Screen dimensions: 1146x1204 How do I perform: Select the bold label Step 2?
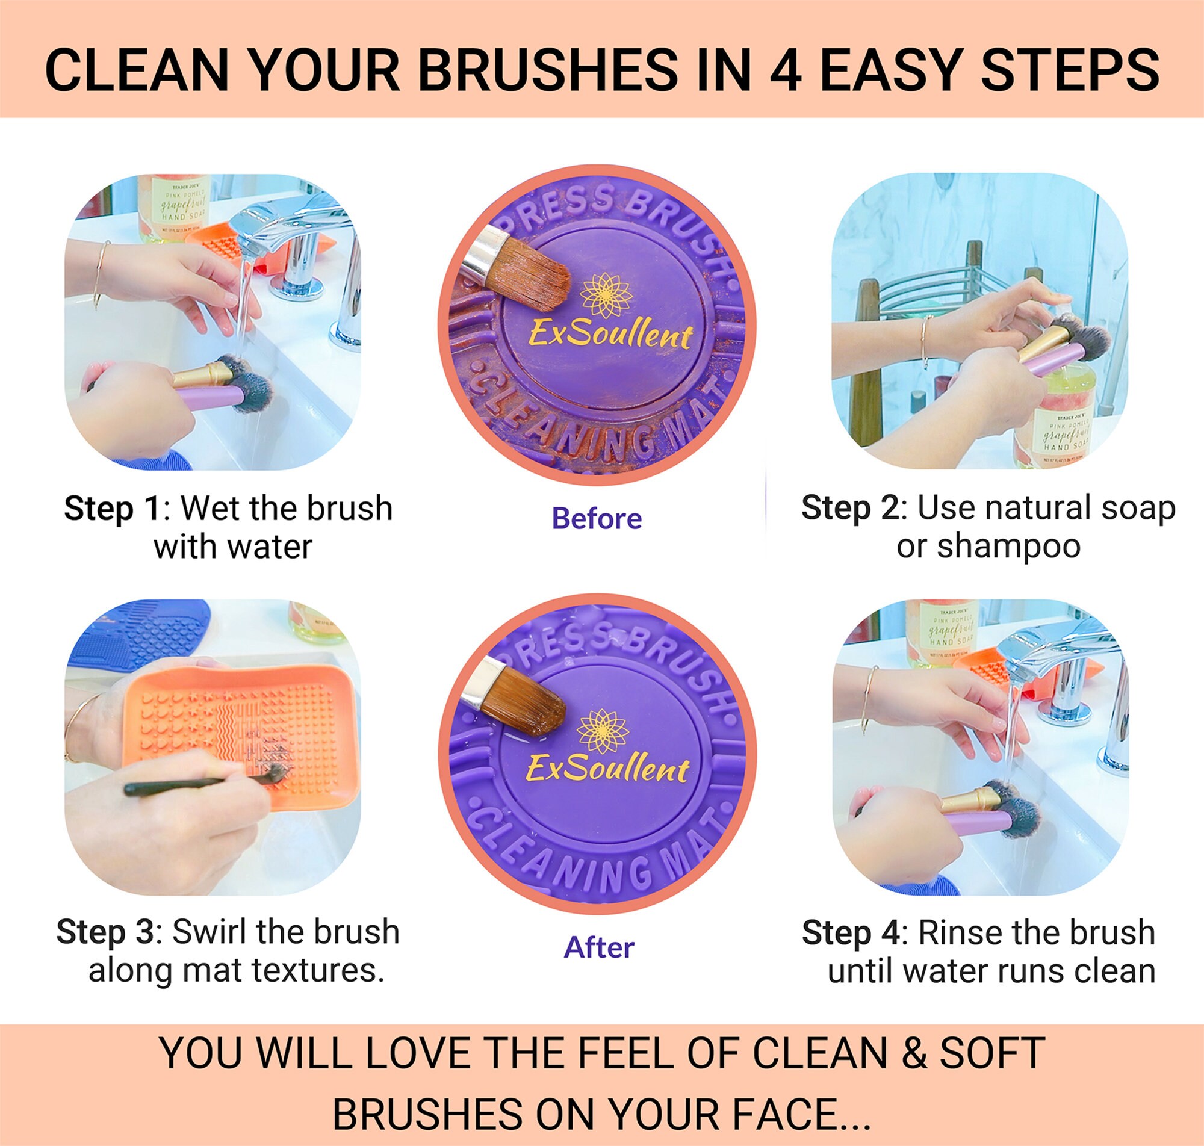[849, 508]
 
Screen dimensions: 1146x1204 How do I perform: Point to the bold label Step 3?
[105, 932]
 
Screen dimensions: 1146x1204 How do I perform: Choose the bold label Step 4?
[850, 933]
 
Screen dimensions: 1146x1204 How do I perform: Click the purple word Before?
[596, 519]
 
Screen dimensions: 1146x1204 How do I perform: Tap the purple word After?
[598, 947]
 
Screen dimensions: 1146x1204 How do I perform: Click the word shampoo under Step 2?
[1008, 545]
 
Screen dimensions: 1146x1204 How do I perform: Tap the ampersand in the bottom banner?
[914, 1052]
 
